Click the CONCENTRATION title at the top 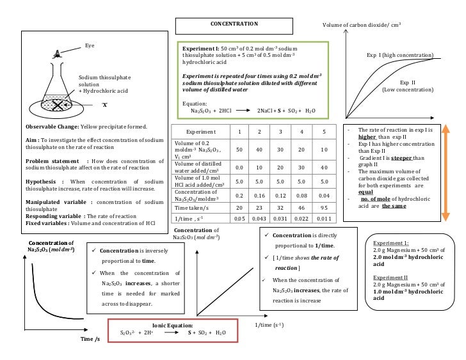234,24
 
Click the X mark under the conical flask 104,105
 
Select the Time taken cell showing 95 325,208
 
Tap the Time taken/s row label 191,208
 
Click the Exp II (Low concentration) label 408,86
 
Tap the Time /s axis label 90,338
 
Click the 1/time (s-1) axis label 269,325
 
